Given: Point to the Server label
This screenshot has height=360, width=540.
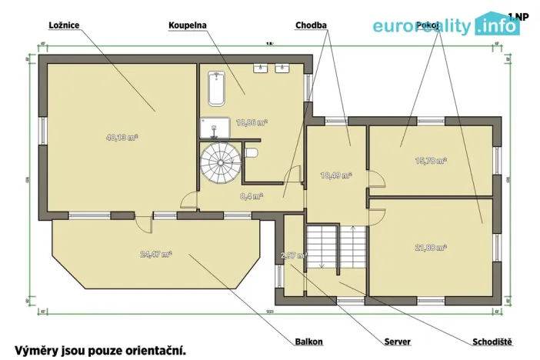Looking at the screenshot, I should (397, 342).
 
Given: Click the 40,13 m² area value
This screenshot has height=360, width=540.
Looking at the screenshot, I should (122, 138).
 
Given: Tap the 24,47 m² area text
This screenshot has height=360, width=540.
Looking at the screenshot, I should (155, 254).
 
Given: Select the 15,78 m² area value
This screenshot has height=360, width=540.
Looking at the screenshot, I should (431, 161).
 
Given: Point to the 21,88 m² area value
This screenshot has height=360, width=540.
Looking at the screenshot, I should (431, 247).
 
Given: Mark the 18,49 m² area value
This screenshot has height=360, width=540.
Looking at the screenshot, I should (335, 175).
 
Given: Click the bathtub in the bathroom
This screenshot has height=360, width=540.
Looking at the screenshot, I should (215, 88).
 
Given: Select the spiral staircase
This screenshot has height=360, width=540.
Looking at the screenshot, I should (220, 164).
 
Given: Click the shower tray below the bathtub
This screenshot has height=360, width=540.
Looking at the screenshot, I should (215, 128).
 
